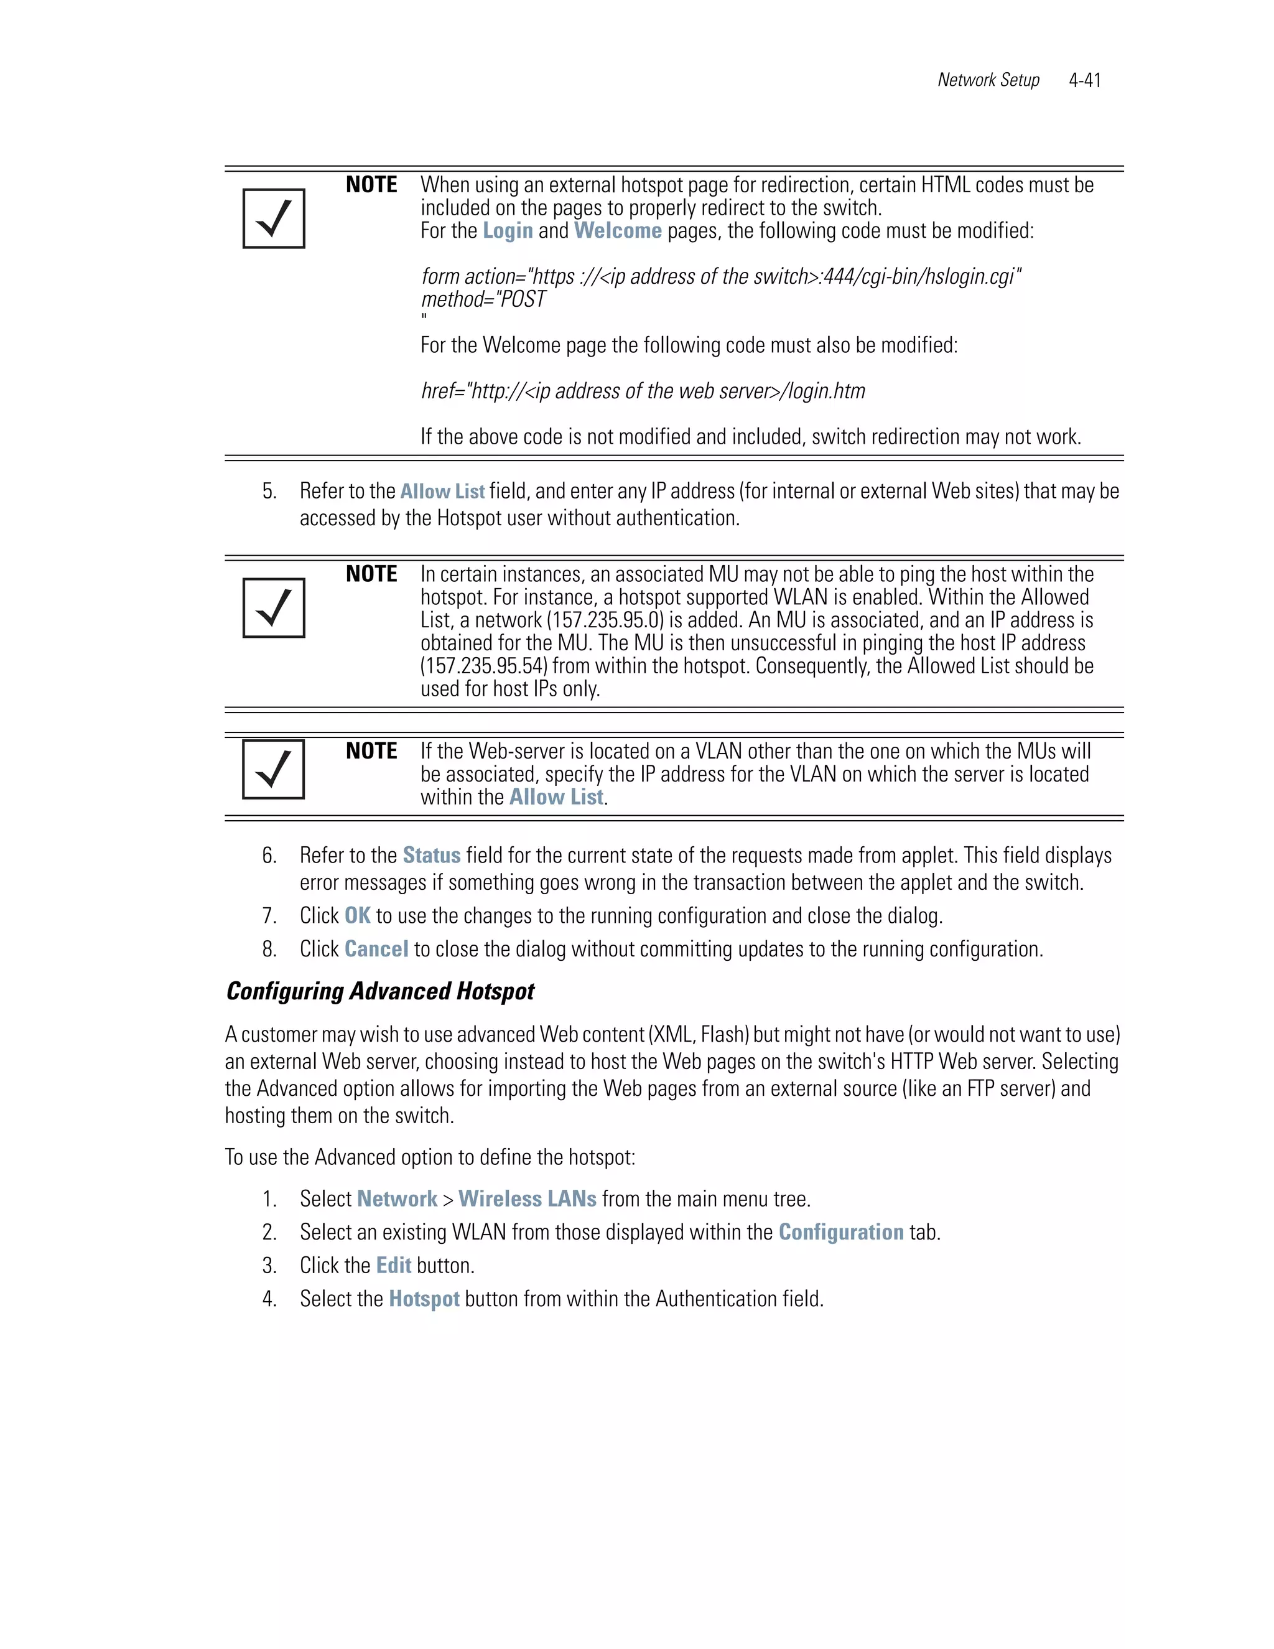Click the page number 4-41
1084,80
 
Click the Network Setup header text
988,80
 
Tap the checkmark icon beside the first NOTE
274,218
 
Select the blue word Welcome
617,231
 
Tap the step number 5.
269,492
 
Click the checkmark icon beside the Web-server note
273,768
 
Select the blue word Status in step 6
431,856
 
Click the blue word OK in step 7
357,916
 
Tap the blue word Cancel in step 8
376,949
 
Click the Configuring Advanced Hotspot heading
380,991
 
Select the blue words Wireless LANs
527,1199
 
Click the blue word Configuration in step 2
841,1232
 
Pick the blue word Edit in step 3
393,1266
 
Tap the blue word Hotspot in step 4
424,1299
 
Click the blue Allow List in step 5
442,492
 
